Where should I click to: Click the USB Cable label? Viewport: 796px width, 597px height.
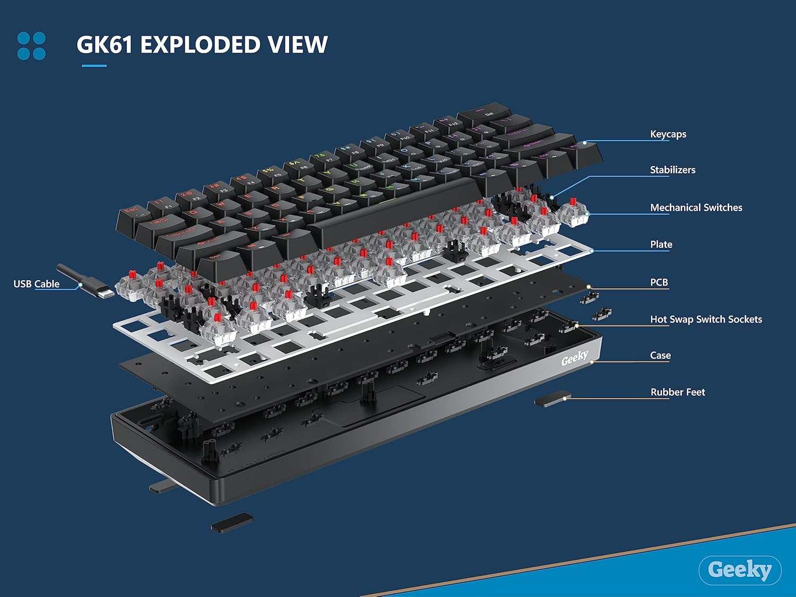click(x=36, y=284)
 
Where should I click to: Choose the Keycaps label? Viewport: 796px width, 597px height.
click(x=668, y=134)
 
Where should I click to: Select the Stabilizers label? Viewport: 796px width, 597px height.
click(x=672, y=170)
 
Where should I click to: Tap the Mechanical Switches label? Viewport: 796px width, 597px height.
click(x=696, y=207)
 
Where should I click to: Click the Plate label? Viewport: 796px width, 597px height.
click(x=661, y=245)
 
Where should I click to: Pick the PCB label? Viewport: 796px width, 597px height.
click(x=659, y=282)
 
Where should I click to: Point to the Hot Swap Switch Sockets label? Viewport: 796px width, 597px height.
click(x=706, y=319)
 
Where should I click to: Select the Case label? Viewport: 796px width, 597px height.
click(x=660, y=356)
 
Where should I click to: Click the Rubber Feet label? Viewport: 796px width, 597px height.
click(x=678, y=392)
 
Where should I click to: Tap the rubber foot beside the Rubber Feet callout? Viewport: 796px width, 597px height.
click(x=552, y=399)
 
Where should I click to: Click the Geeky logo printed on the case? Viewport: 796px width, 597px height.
click(x=575, y=359)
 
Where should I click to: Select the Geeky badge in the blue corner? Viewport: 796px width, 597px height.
click(x=740, y=570)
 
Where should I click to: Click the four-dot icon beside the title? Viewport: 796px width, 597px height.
click(x=31, y=46)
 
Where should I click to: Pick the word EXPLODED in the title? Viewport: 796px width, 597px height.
click(x=200, y=45)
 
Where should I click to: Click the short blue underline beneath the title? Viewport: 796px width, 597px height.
click(x=94, y=66)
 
